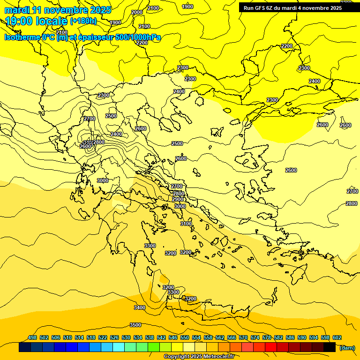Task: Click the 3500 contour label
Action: point(135,325)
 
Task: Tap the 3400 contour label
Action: point(140,307)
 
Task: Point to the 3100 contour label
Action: point(186,224)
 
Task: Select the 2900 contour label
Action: point(178,199)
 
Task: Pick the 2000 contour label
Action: point(137,12)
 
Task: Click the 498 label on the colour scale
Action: point(32,337)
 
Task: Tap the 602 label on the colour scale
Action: point(337,337)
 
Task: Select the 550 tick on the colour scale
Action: point(185,337)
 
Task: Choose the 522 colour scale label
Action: point(103,337)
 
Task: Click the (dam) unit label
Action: point(346,347)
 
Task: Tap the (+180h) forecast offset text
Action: point(83,21)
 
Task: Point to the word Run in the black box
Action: point(248,8)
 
